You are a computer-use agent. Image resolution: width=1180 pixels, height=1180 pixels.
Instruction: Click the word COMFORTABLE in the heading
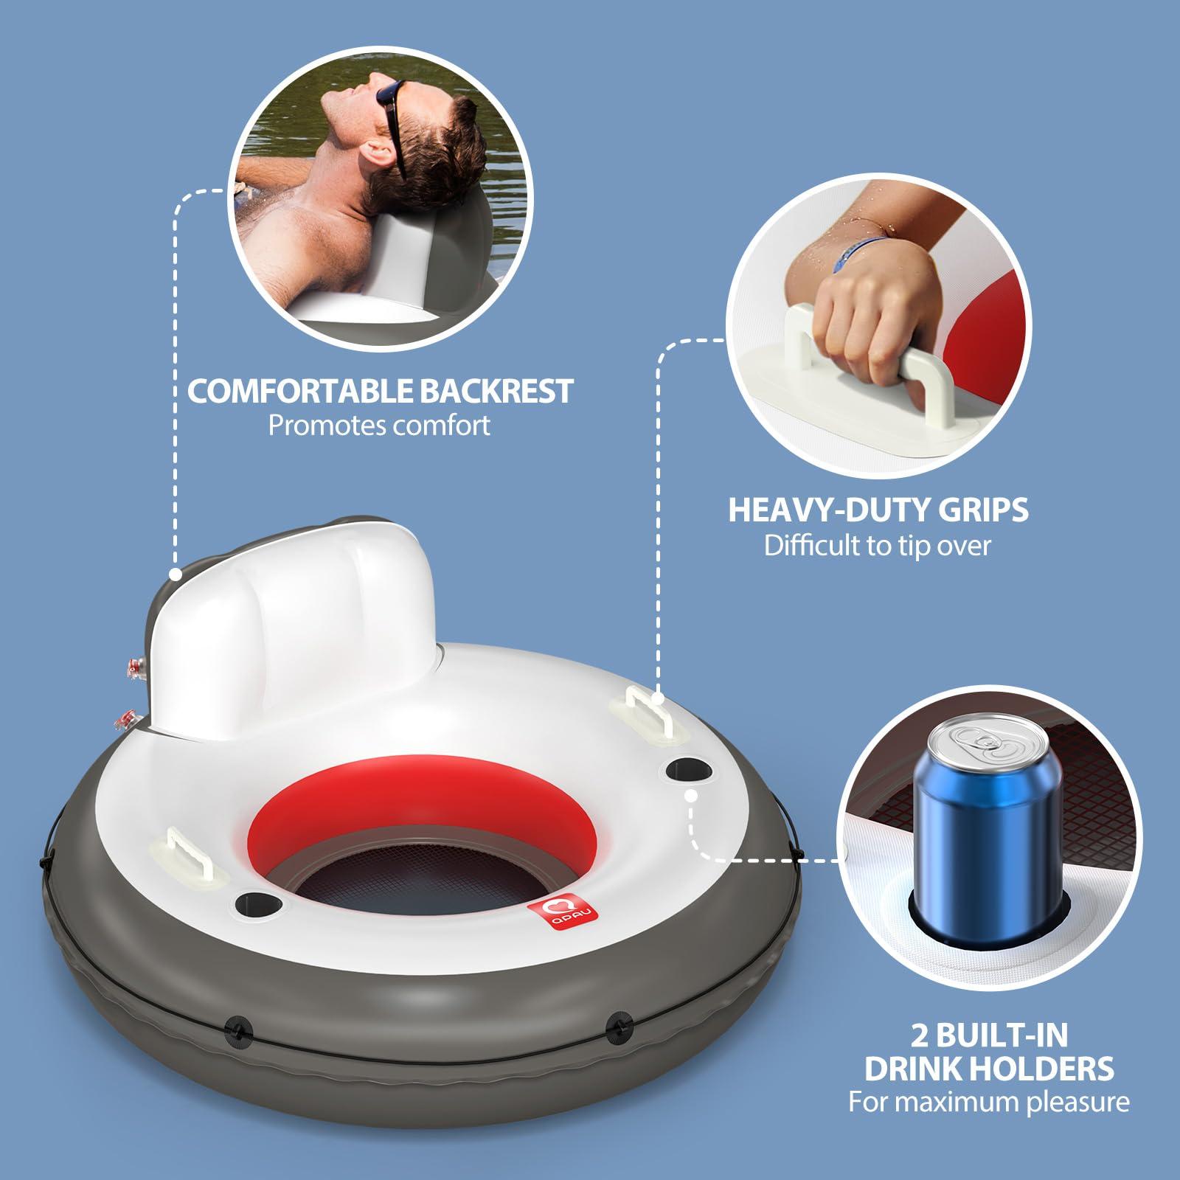coord(301,391)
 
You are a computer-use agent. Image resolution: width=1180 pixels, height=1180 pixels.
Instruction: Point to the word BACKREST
coord(496,391)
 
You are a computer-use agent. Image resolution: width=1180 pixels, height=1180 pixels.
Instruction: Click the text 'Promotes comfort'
coord(379,426)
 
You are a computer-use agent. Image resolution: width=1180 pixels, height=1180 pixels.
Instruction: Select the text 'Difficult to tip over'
coord(877,546)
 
